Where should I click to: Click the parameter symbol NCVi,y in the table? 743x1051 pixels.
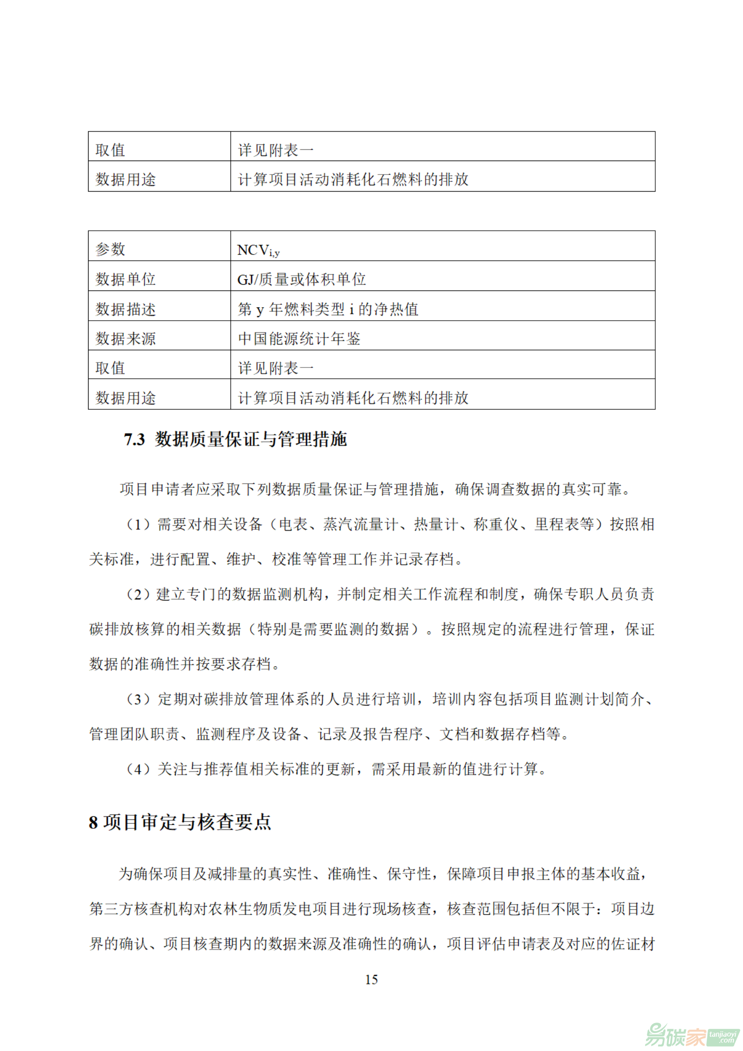tap(258, 250)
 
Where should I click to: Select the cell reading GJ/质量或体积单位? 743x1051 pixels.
tap(302, 279)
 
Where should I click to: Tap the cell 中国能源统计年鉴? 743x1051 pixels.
tap(299, 339)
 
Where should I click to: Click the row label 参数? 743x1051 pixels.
tap(110, 250)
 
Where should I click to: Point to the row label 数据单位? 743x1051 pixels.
tap(125, 279)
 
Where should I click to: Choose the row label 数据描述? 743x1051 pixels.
tap(125, 309)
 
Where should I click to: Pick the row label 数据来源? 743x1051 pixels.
tap(125, 339)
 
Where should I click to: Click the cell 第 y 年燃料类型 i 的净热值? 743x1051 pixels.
tap(328, 309)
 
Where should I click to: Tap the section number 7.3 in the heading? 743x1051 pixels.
tap(134, 439)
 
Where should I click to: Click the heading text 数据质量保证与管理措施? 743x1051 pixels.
tap(251, 439)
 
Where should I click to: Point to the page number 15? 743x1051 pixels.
tap(371, 979)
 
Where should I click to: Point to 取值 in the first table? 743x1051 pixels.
tap(110, 150)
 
